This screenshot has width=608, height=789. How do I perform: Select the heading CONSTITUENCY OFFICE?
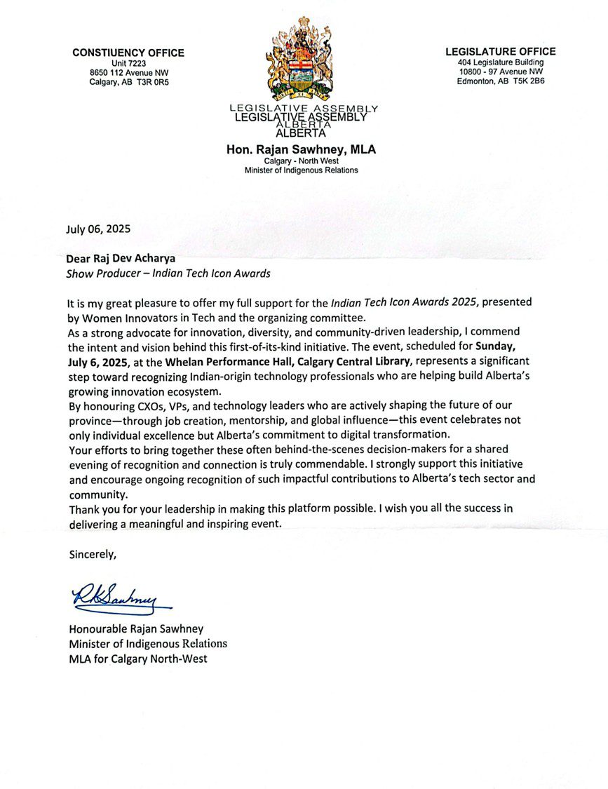(128, 53)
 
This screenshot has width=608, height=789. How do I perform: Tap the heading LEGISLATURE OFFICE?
(500, 51)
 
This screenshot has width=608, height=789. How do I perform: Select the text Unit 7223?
(128, 63)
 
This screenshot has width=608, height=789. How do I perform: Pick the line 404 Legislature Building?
(500, 62)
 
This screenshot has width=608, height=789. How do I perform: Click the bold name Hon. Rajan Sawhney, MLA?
(301, 149)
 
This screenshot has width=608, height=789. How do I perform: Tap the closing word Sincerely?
(92, 554)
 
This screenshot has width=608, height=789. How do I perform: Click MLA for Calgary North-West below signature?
(137, 659)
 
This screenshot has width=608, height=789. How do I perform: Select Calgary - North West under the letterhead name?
(301, 161)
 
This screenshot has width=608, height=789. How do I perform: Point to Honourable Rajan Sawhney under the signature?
(135, 629)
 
